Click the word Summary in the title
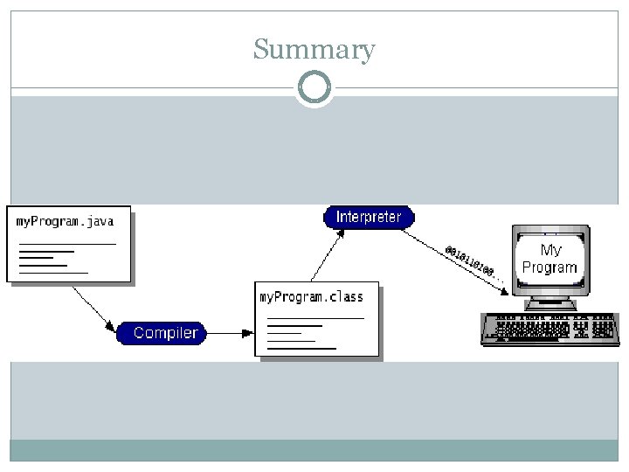pos(314,50)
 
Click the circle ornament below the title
pos(314,87)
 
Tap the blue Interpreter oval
pos(369,217)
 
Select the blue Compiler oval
pos(165,333)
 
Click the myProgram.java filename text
pos(65,221)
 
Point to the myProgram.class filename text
pos(311,297)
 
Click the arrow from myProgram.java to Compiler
pos(93,307)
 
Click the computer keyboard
pos(550,330)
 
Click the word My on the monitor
pos(551,251)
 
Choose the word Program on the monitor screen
pos(550,267)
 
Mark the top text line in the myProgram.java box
pos(67,243)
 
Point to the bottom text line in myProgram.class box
pos(301,348)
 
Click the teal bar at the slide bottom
pos(314,449)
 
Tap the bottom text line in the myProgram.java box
pos(53,273)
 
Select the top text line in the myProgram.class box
pos(315,318)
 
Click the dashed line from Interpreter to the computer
pos(437,244)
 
